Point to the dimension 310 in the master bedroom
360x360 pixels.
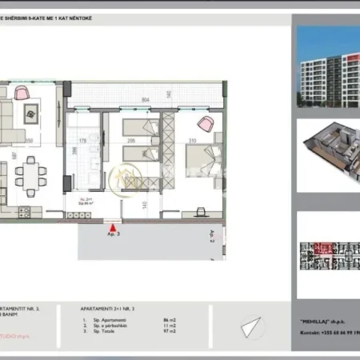[x=192, y=142]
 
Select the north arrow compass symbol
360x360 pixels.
[x=251, y=326]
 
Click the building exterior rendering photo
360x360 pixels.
[x=327, y=68]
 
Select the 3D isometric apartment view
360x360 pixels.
[x=327, y=151]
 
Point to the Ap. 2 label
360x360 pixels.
[x=212, y=234]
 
